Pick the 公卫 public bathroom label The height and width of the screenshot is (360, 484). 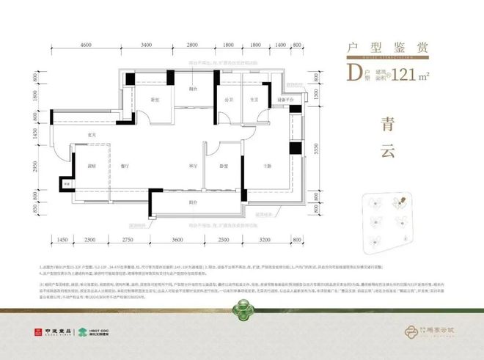pyautogui.click(x=229, y=99)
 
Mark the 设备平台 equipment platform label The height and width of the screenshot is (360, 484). pyautogui.click(x=285, y=99)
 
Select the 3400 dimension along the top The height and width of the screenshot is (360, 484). pyautogui.click(x=147, y=45)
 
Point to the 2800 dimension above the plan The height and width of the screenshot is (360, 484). pyautogui.click(x=193, y=45)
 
